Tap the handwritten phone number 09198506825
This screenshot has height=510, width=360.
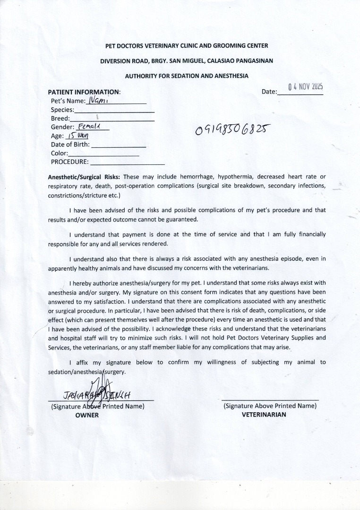233,129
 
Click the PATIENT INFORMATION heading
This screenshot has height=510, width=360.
84,92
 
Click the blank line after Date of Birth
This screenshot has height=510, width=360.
118,145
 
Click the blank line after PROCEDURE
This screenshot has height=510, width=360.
127,162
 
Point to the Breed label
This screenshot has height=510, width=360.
60,119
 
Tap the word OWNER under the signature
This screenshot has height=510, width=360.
87,415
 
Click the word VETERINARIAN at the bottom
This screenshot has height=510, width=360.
264,415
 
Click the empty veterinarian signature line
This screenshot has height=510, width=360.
270,399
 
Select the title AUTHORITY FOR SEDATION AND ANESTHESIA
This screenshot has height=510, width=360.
187,76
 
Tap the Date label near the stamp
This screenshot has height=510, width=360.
269,92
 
